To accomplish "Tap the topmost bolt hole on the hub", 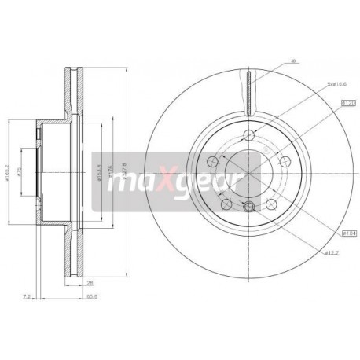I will (x=248, y=133).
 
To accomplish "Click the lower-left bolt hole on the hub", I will (x=226, y=204).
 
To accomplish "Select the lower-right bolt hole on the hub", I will (x=271, y=204).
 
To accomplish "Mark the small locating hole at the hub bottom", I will (x=248, y=207).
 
